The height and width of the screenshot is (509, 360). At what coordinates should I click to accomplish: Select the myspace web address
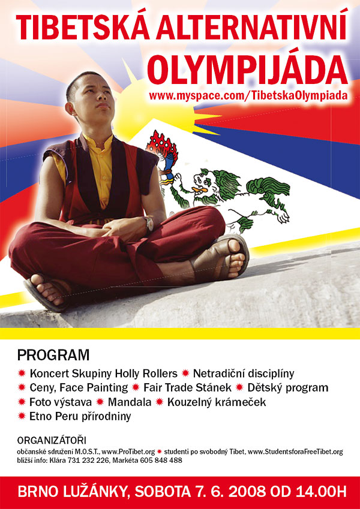(248, 96)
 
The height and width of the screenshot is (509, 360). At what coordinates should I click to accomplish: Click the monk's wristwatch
(149, 224)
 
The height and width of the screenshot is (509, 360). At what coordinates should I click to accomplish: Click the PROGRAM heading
(53, 355)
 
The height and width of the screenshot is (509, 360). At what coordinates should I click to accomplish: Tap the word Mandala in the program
(130, 402)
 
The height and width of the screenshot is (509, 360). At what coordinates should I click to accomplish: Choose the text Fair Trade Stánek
(187, 387)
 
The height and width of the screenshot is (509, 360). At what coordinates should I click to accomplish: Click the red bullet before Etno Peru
(22, 416)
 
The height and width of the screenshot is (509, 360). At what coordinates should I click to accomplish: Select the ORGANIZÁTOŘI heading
(52, 441)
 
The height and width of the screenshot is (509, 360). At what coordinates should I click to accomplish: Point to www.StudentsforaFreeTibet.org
(295, 451)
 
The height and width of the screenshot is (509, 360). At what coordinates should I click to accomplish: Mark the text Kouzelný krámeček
(217, 402)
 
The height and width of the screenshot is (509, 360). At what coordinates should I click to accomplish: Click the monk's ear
(69, 109)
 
